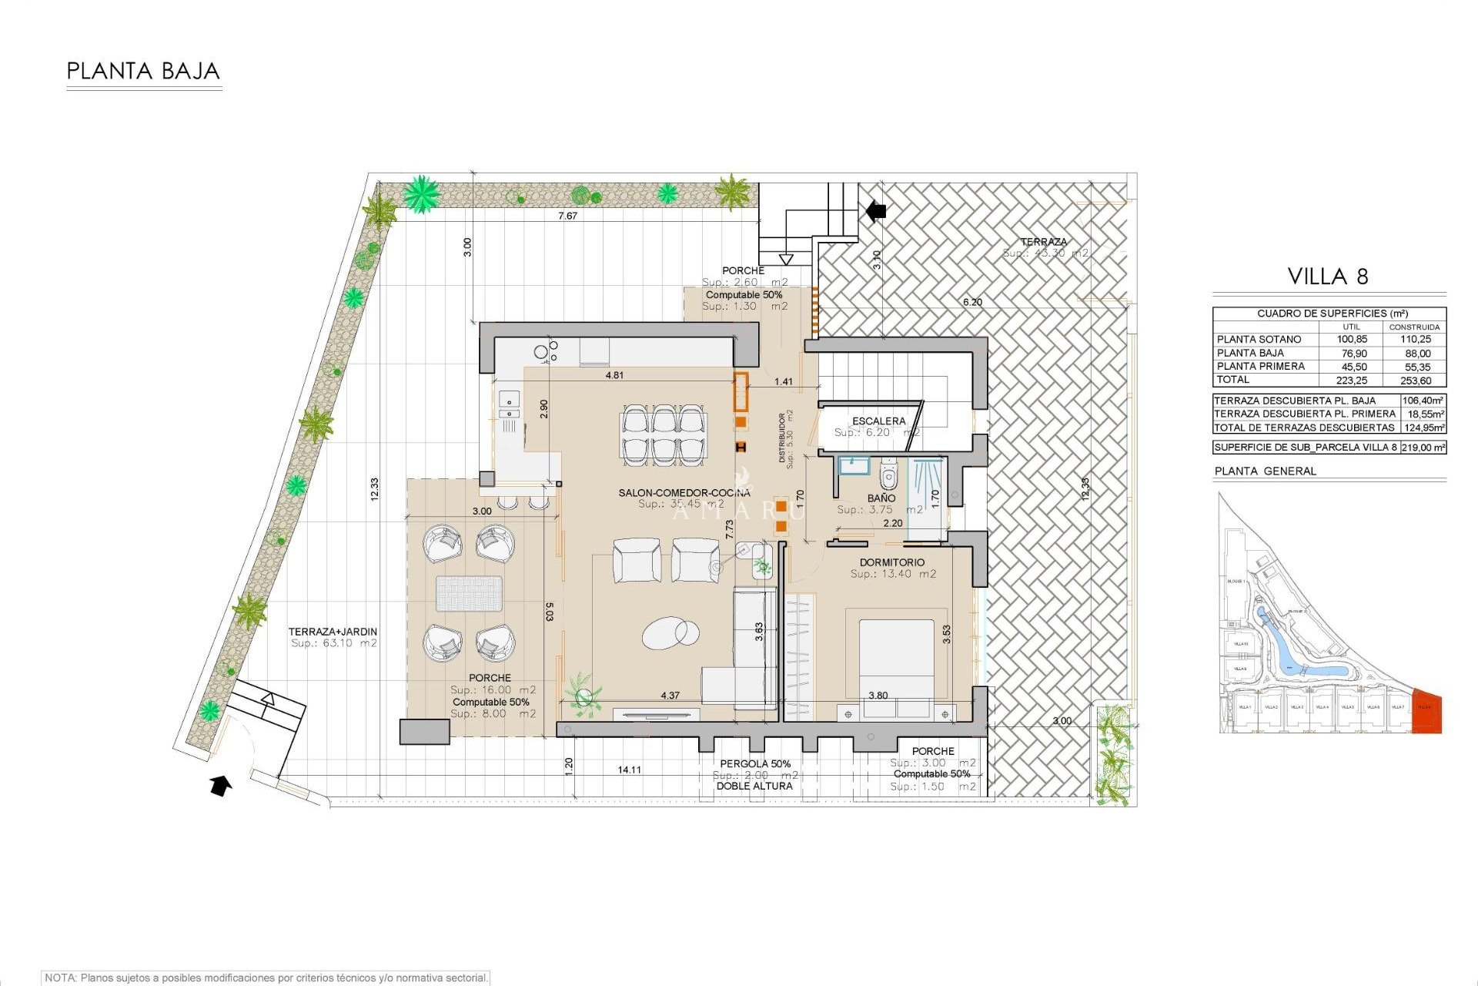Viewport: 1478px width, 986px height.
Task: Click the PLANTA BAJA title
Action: pos(143,72)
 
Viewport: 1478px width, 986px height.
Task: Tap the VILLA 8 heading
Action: pos(1328,277)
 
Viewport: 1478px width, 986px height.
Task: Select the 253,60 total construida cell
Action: pos(1416,381)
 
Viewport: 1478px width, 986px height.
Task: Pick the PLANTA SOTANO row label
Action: pos(1259,339)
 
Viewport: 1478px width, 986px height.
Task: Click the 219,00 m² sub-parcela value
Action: pos(1423,447)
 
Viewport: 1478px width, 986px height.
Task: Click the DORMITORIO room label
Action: pos(892,562)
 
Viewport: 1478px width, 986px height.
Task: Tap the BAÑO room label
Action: pos(881,498)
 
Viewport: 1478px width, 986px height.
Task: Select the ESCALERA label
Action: pos(878,421)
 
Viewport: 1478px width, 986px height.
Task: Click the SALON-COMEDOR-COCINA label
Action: pos(684,493)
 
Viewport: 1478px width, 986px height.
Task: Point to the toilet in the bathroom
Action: pos(888,475)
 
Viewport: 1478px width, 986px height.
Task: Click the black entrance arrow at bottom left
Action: pos(221,786)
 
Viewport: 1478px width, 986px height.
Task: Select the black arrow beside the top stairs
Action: pos(876,210)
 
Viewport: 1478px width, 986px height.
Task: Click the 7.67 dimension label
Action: pos(567,216)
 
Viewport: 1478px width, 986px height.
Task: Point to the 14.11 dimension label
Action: pos(629,770)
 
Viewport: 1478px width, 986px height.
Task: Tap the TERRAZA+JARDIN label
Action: pos(333,632)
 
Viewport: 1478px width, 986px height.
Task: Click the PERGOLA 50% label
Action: pos(755,763)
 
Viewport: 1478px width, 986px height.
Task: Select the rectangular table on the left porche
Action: pos(469,594)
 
